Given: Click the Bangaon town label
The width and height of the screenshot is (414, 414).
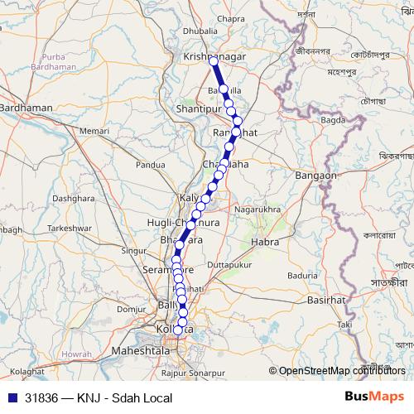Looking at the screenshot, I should coord(315,176).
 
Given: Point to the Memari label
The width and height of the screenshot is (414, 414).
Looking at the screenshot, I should coord(94,132).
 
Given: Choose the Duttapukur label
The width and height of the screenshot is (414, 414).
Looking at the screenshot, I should coord(228,264).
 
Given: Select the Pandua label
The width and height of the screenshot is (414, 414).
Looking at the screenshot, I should coord(151,165).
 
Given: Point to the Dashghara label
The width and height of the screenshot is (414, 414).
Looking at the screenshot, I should coord(73,199).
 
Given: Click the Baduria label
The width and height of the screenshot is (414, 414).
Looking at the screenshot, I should coord(303,274).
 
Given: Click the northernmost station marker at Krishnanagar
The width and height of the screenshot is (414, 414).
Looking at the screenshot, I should coord(214,61).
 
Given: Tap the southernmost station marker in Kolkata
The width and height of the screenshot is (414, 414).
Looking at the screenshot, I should coord(178,330).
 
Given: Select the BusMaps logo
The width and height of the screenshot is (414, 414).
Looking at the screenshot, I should coord(373,397).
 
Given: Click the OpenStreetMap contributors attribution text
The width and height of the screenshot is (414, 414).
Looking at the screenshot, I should coord(341,371).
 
